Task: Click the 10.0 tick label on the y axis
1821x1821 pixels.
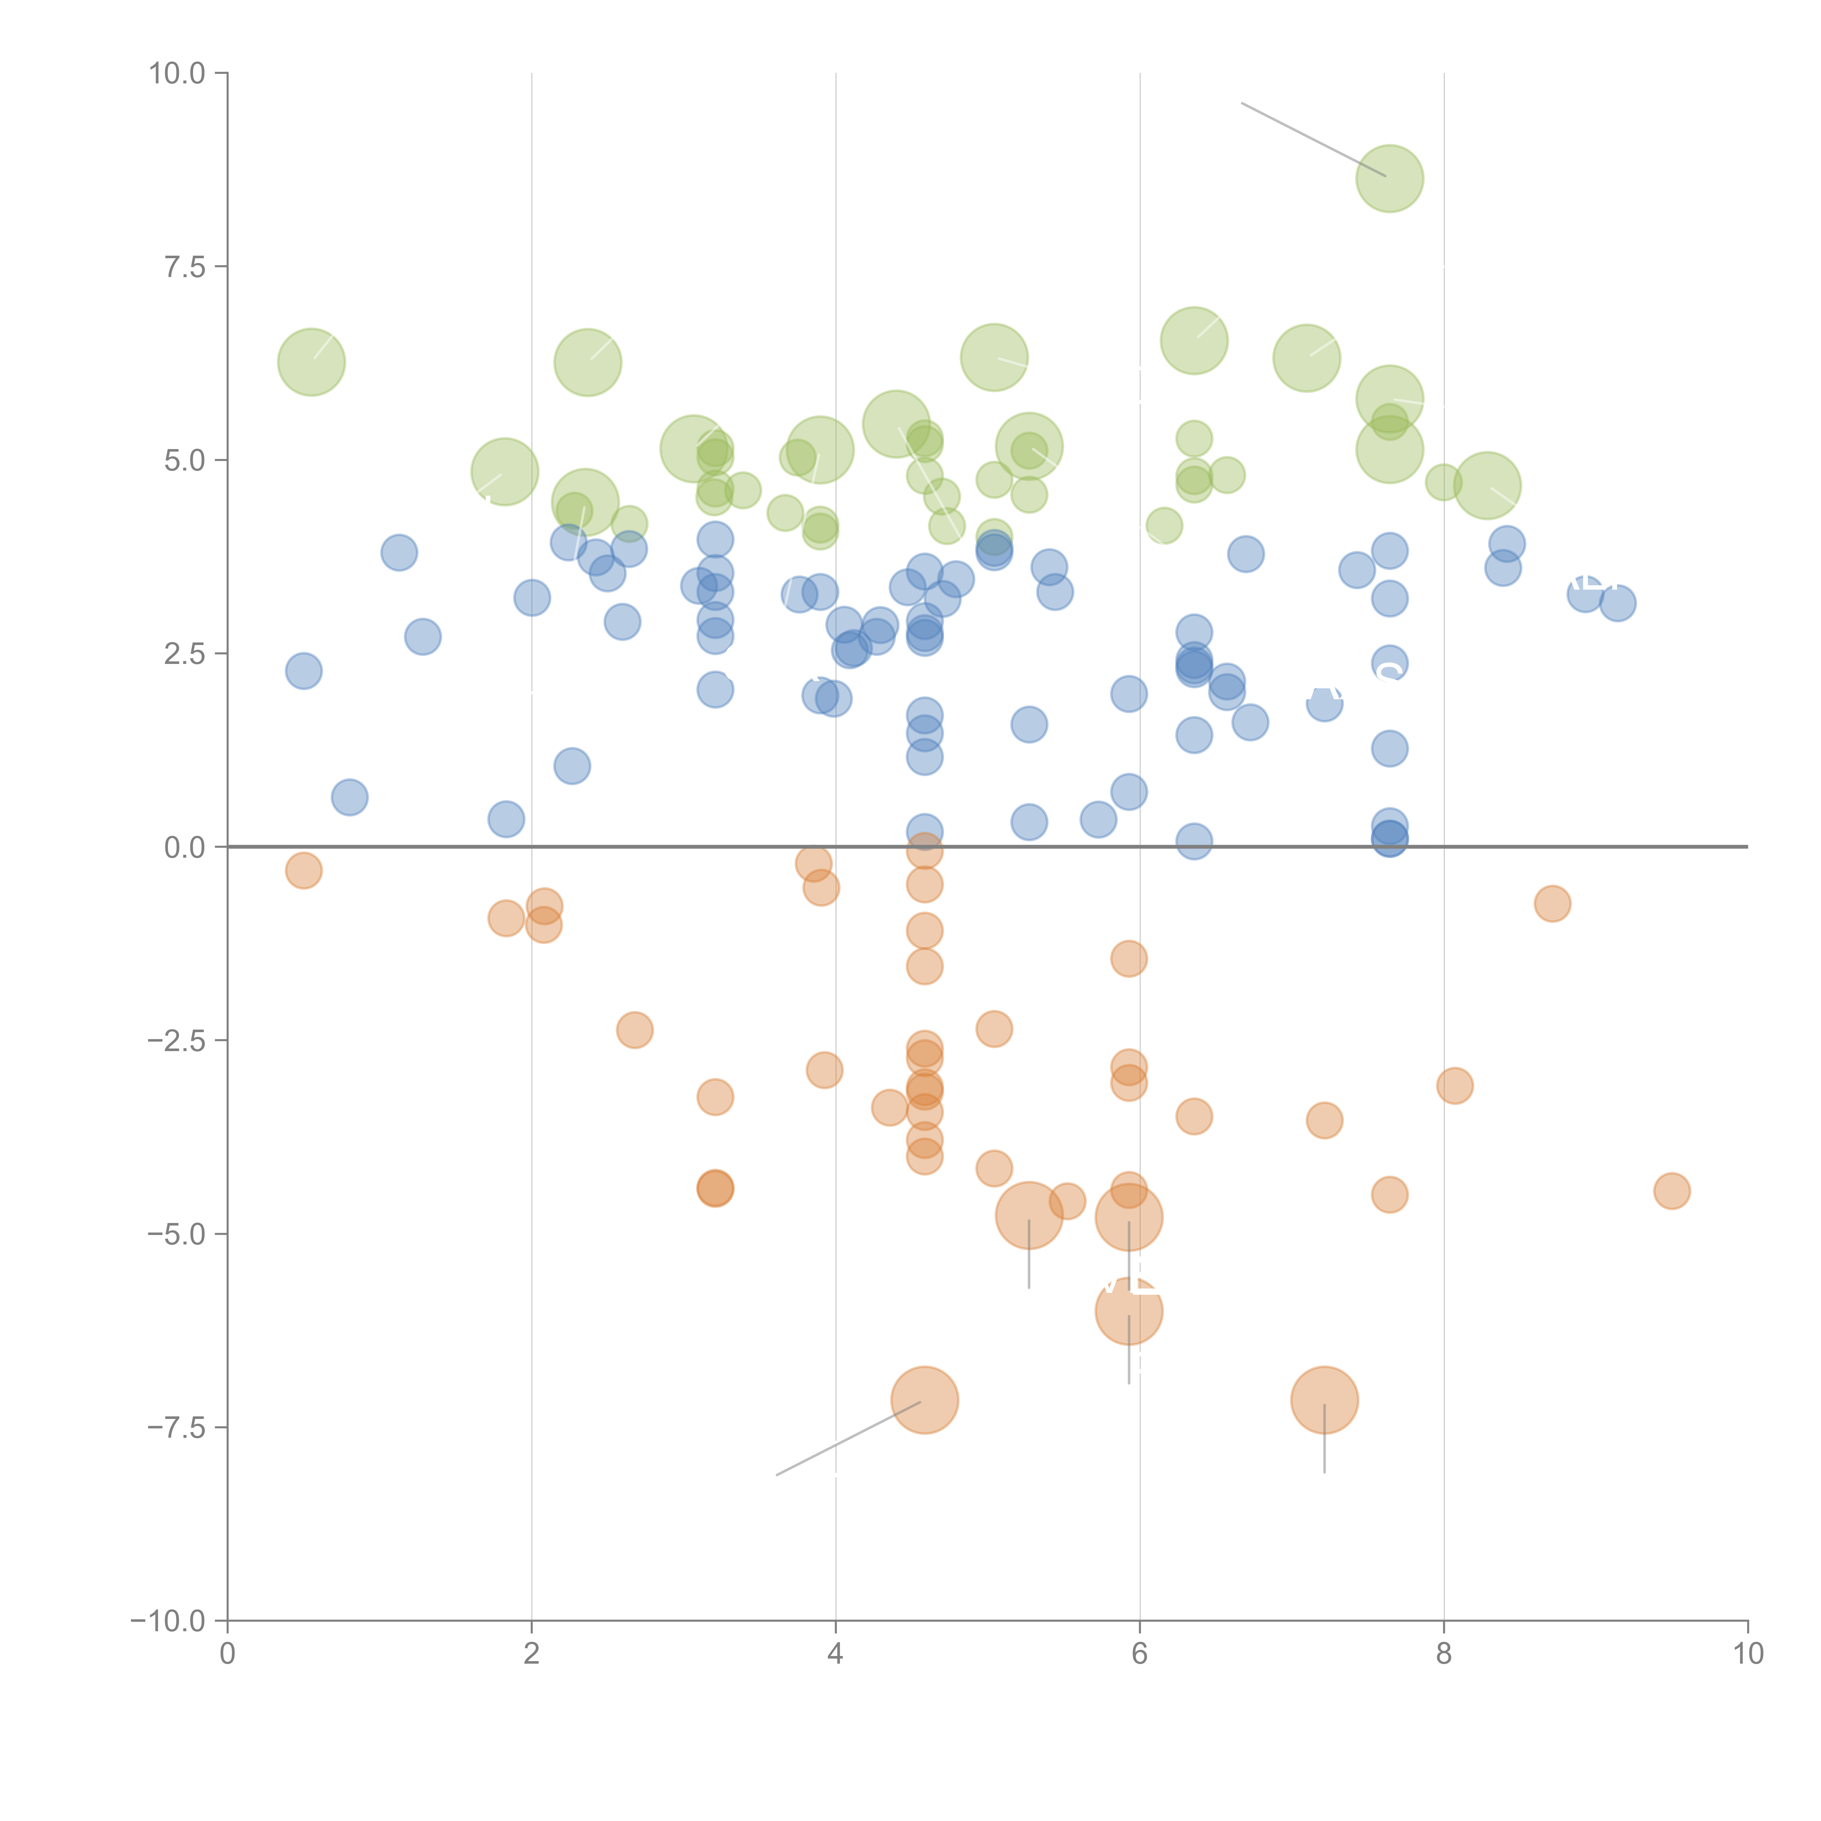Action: click(x=177, y=74)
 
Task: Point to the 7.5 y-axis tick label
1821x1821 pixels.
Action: click(x=185, y=267)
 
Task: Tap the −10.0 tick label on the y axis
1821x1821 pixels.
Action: click(x=169, y=1621)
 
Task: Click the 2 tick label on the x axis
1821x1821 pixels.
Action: click(x=532, y=1654)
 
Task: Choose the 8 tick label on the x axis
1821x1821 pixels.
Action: click(x=1444, y=1654)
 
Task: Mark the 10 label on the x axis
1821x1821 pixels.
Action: click(x=1747, y=1654)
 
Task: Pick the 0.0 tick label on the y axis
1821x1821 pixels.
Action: click(x=185, y=847)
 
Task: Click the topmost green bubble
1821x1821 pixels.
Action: click(x=1389, y=178)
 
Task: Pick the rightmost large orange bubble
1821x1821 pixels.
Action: click(x=1324, y=1400)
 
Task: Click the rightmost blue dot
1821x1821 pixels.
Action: click(x=1617, y=603)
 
